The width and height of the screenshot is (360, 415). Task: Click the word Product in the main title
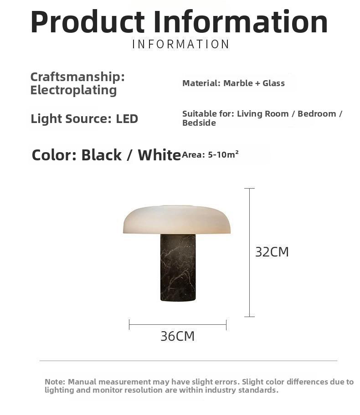pos(87,22)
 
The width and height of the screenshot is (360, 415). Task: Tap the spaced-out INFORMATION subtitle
pos(180,44)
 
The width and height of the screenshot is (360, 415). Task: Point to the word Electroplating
pos(73,90)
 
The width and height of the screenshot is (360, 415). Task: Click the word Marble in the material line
pos(238,83)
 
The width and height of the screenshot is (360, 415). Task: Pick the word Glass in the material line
pos(274,83)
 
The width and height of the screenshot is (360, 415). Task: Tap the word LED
pos(127,118)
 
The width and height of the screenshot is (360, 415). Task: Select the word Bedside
pos(199,123)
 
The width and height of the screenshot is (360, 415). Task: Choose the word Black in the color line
pos(101,155)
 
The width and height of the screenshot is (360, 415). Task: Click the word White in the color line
pos(159,155)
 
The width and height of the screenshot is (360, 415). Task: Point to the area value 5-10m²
pos(223,154)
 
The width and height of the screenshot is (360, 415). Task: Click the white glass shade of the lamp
pos(177,220)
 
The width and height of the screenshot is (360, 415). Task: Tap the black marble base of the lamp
pos(178,267)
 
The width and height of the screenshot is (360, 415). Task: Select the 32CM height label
pos(272,252)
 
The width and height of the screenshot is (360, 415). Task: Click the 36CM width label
pos(178,336)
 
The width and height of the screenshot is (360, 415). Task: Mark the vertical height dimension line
pos(249,252)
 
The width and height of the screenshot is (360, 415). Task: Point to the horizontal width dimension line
pos(178,325)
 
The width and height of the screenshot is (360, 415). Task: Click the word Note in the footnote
pos(54,382)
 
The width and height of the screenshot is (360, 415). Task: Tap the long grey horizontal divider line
pos(188,360)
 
